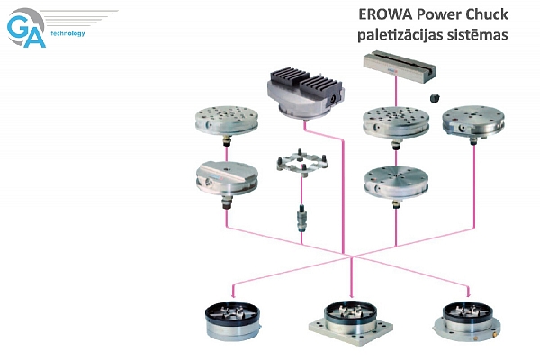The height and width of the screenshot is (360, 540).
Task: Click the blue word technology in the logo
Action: (67, 33)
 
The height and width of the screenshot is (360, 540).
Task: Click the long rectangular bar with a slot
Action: (400, 67)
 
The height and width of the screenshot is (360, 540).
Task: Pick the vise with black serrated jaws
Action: (305, 94)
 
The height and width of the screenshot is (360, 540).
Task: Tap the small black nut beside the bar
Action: (436, 98)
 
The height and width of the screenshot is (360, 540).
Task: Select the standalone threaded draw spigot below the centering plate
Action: (301, 218)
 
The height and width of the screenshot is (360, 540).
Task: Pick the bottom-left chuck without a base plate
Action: (233, 321)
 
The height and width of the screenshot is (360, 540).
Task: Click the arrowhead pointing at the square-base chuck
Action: (351, 295)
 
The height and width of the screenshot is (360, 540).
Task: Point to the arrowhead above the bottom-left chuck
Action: (233, 295)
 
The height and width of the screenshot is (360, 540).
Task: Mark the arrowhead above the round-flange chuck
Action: (468, 295)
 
